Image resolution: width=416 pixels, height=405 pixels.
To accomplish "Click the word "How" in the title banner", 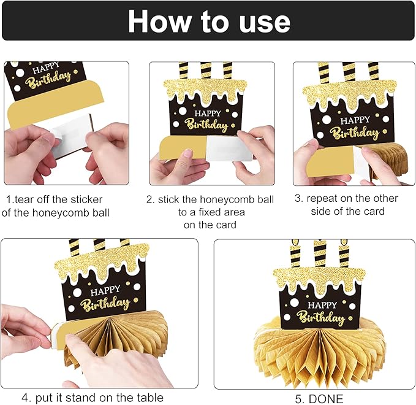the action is point(159,21).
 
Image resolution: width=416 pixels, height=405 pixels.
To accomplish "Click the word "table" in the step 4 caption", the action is point(150,398).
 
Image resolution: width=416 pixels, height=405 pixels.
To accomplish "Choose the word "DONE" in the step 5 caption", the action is point(326,399).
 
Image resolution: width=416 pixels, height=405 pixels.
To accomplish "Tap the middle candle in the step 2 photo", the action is point(206,71).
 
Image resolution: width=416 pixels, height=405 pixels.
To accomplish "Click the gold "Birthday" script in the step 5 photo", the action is point(321,317).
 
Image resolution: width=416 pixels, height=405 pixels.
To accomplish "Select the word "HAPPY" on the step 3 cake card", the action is point(355,120).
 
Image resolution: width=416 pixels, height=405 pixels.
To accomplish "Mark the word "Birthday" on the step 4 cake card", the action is point(105,303).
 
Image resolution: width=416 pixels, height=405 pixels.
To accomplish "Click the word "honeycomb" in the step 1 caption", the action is point(59,213).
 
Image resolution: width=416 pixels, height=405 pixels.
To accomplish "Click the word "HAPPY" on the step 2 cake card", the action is point(208,114).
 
